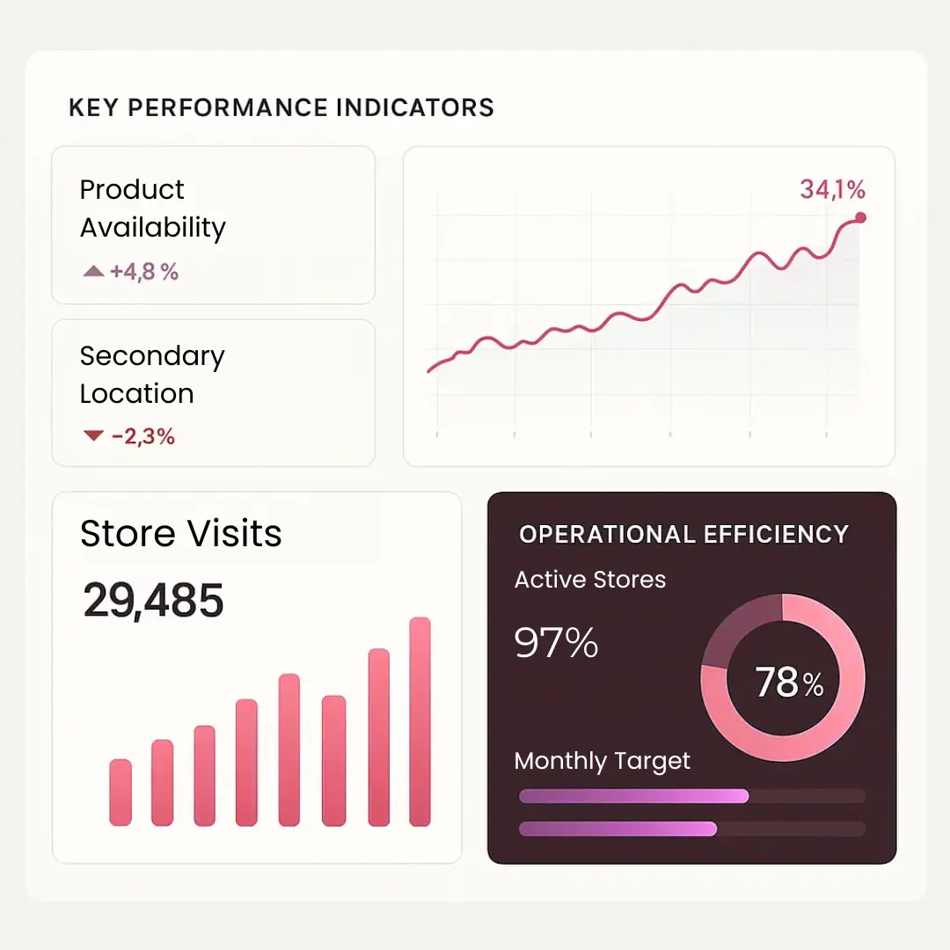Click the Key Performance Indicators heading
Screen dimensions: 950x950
[281, 108]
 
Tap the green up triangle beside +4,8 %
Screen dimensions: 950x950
[93, 273]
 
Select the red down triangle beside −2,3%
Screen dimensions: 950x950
[93, 435]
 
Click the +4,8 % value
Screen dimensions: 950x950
[144, 273]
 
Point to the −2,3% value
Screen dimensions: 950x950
[143, 436]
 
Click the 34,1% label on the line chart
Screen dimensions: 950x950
[832, 189]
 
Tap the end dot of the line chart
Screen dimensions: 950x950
[860, 217]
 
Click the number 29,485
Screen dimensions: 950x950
[154, 601]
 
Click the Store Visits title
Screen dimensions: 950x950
[180, 534]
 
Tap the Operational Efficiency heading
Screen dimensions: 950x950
[683, 535]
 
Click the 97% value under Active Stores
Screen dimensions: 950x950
[556, 644]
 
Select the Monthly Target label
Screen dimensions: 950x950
[602, 761]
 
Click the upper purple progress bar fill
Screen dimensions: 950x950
[633, 796]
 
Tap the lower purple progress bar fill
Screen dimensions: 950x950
[617, 829]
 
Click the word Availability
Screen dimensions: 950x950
[153, 228]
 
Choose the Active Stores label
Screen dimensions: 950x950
[589, 580]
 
